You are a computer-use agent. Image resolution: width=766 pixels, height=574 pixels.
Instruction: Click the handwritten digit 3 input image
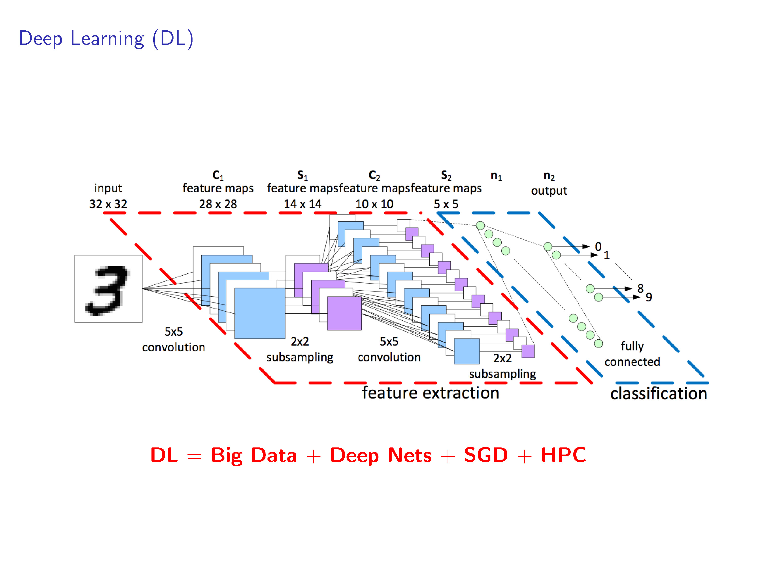click(108, 289)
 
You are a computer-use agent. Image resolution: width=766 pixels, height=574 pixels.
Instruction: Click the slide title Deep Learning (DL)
click(106, 38)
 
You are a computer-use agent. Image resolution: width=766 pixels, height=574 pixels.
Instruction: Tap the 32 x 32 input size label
click(108, 204)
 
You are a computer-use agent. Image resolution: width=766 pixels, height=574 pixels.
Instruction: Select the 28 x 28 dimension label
click(218, 204)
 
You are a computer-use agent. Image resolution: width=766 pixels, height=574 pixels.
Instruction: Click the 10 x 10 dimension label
click(374, 204)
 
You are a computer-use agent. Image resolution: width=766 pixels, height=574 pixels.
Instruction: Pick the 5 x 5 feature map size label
click(446, 204)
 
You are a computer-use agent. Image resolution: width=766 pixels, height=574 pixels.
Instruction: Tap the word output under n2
click(549, 191)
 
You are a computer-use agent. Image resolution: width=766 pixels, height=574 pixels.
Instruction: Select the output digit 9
click(649, 297)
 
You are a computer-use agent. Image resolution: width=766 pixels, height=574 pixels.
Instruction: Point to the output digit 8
click(640, 288)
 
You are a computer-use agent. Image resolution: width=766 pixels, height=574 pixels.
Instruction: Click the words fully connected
click(632, 354)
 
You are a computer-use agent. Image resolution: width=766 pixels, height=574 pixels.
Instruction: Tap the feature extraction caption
click(430, 393)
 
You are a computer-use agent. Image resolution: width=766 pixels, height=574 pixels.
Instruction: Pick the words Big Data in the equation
click(254, 455)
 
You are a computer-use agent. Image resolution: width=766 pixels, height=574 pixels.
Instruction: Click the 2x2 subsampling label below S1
click(300, 350)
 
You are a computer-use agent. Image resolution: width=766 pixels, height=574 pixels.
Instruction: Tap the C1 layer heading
click(218, 175)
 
